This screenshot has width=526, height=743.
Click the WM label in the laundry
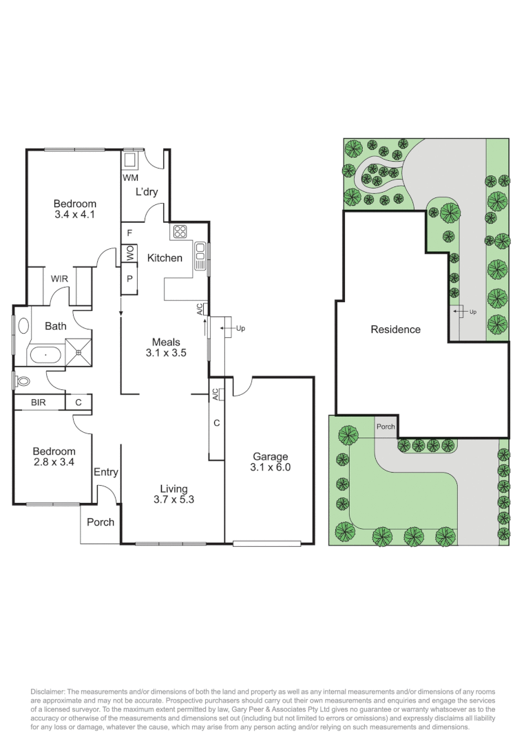(130, 177)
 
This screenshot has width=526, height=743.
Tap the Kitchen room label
(165, 258)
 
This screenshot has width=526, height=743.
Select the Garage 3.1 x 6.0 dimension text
(271, 467)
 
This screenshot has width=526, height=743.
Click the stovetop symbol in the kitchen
(180, 231)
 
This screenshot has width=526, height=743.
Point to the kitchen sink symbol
(200, 255)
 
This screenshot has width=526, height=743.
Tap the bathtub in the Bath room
(45, 356)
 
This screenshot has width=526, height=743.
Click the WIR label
(59, 279)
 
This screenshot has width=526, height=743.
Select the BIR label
(39, 402)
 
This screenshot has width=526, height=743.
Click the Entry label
(106, 473)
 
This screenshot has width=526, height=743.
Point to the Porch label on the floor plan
(101, 522)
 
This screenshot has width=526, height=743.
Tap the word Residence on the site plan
(395, 330)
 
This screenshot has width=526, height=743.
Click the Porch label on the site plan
(386, 427)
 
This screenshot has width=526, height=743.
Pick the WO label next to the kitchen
(129, 254)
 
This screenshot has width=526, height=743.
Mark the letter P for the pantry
(129, 279)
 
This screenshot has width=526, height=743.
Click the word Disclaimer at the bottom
(48, 690)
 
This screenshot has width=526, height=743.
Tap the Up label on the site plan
(472, 312)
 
